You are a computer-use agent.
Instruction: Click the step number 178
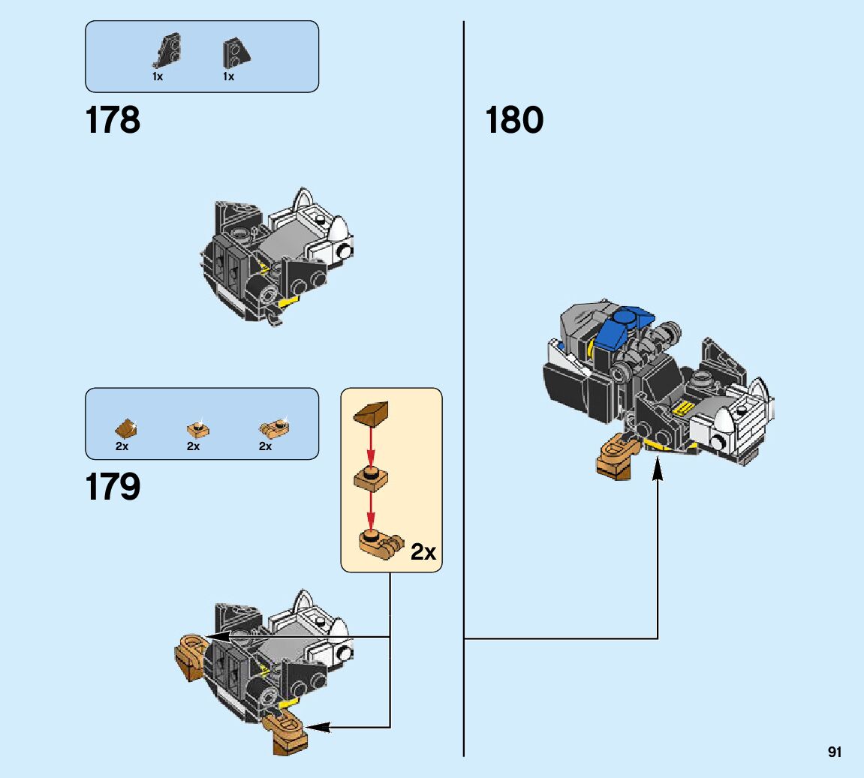pos(113,120)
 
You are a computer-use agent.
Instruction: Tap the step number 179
pos(113,488)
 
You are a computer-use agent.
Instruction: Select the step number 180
pos(514,120)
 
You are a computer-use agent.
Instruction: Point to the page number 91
pos(835,752)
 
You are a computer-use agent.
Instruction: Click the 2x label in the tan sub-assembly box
pos(423,552)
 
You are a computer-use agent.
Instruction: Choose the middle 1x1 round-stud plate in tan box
pos(371,478)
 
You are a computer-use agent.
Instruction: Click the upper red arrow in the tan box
pos(370,448)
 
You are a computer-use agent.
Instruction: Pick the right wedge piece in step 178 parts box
pos(236,53)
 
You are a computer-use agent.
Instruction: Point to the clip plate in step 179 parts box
pos(273,429)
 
